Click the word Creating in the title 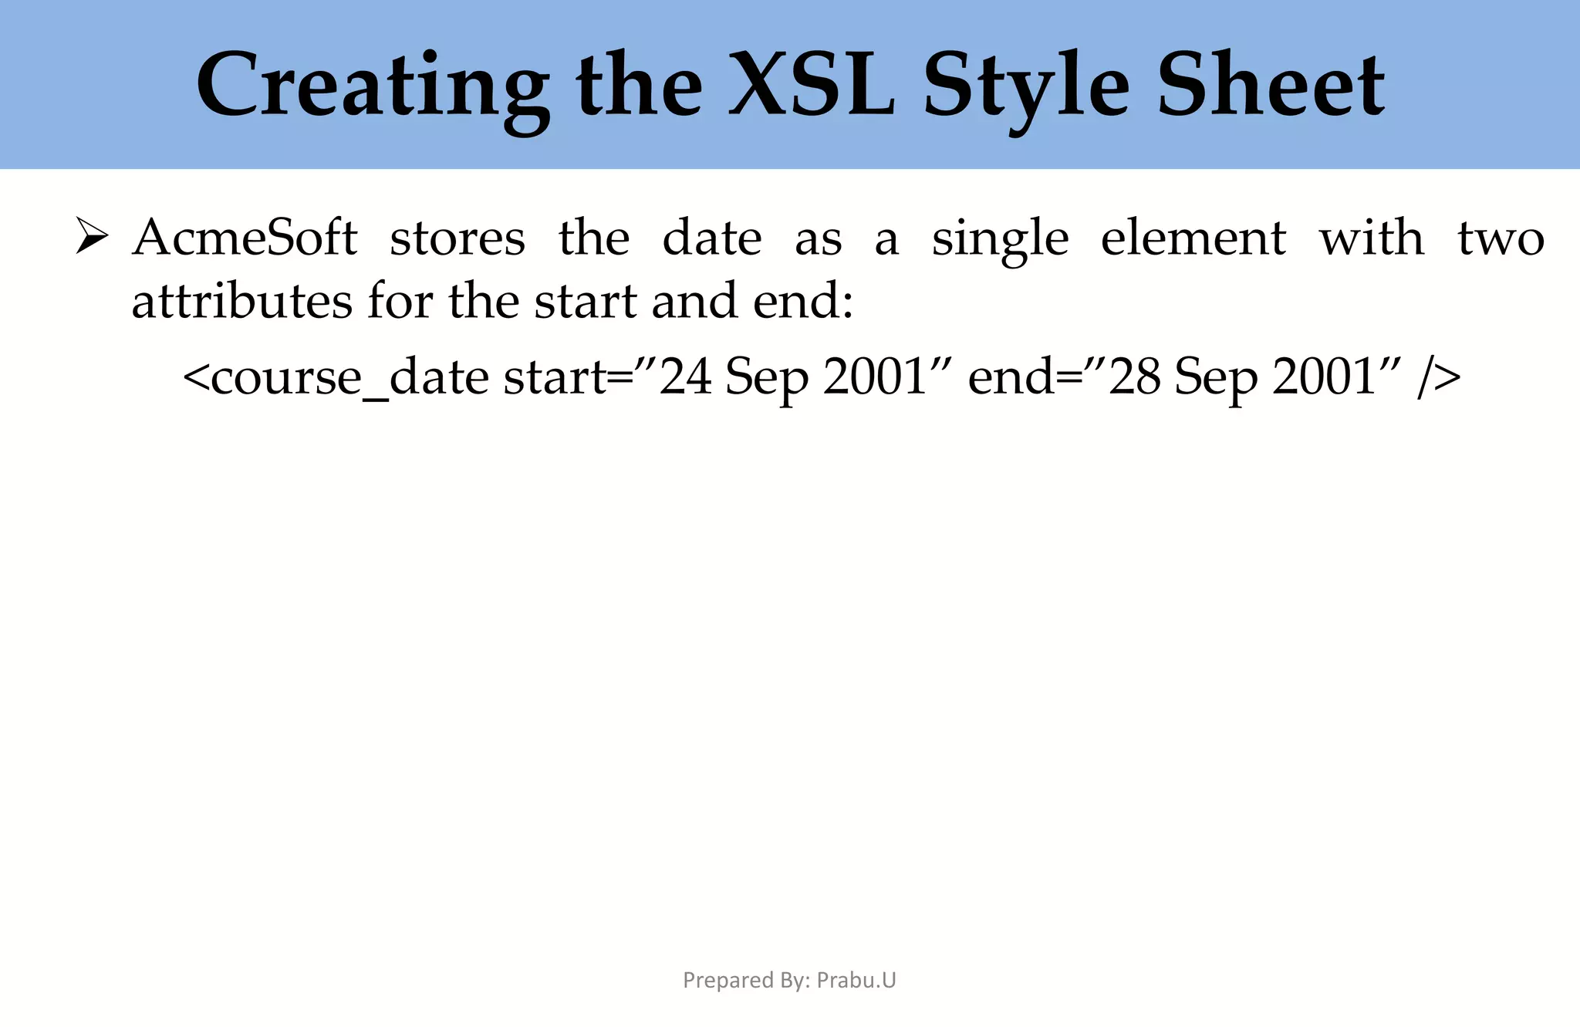(373, 86)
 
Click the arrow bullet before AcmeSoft (91, 236)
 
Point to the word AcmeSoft (245, 238)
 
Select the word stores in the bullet (457, 238)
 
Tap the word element (1193, 238)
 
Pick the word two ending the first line (1501, 238)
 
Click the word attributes (241, 301)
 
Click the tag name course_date (349, 378)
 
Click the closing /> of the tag (1439, 378)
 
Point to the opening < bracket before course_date (196, 378)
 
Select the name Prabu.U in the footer (856, 980)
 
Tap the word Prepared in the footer (717, 980)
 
